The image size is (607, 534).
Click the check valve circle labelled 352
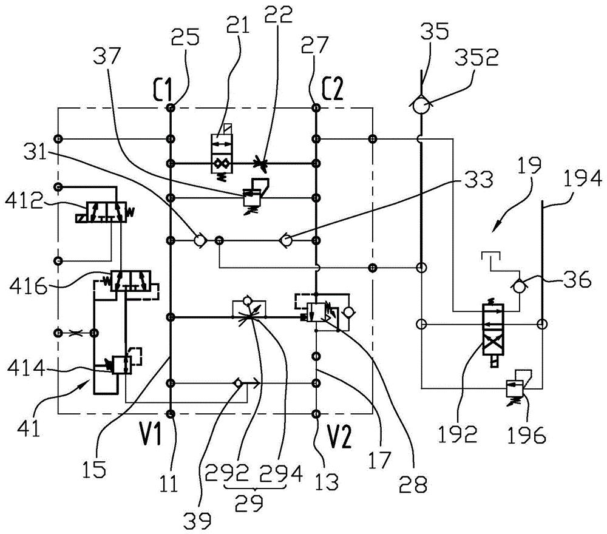point(419,105)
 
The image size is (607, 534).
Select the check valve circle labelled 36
point(518,285)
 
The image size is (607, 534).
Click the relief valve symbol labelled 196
point(517,386)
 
